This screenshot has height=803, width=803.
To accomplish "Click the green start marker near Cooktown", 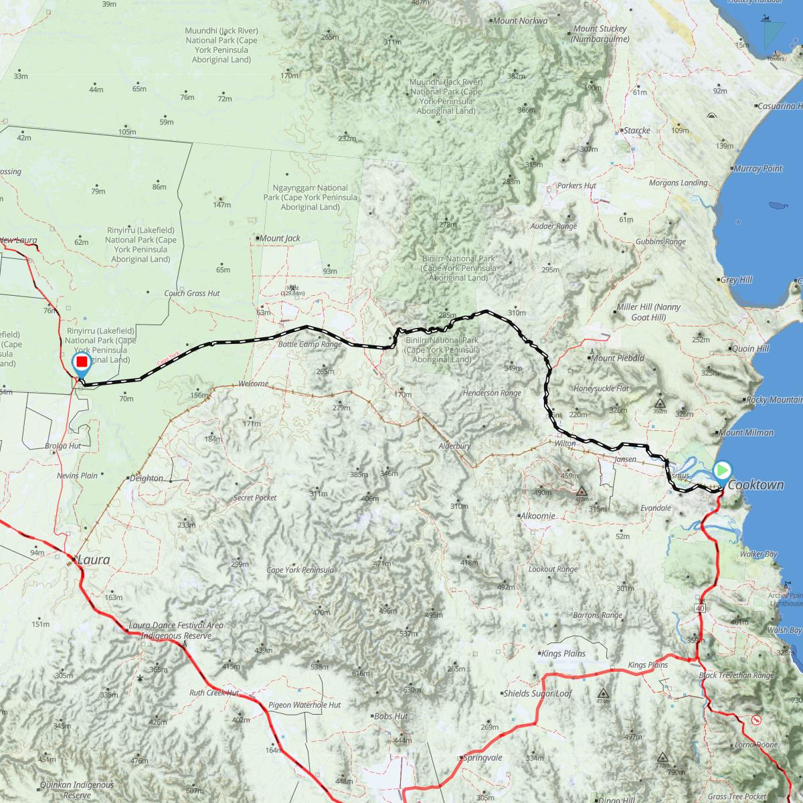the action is (x=723, y=470).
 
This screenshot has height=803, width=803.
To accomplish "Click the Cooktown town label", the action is (x=755, y=485).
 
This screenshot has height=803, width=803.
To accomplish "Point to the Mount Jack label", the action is (x=280, y=238).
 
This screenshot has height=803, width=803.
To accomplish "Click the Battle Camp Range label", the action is (x=310, y=345).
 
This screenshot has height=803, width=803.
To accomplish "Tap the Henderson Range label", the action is (x=492, y=393).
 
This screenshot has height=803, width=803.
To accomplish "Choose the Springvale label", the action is (x=482, y=758).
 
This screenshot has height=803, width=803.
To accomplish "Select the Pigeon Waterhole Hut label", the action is (x=304, y=705).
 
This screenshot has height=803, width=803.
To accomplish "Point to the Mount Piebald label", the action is (x=617, y=358).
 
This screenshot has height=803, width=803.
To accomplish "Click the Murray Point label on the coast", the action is (x=758, y=169).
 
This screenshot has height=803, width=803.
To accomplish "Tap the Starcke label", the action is (x=636, y=130).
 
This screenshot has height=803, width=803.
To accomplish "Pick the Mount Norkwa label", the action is (x=520, y=21).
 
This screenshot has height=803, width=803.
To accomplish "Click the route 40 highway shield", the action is (x=700, y=609).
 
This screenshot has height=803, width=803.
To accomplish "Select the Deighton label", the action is (x=147, y=478).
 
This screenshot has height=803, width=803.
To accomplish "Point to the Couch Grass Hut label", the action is (x=192, y=293).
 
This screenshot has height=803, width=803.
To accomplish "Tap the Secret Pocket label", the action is (x=255, y=498).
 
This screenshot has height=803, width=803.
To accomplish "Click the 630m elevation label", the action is (x=412, y=690).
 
